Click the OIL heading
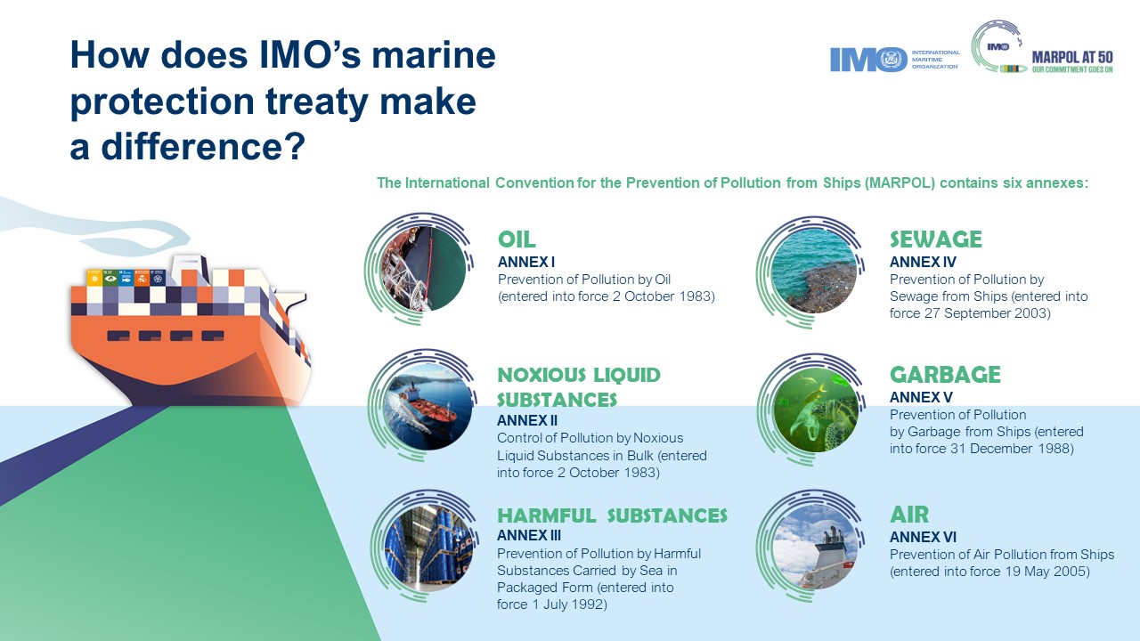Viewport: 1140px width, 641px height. point(517,239)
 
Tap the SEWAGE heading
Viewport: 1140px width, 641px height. point(935,239)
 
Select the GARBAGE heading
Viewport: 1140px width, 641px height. point(945,375)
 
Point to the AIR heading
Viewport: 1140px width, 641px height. point(909,515)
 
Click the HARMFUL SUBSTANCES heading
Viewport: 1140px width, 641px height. point(612,515)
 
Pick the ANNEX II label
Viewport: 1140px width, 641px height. point(527,420)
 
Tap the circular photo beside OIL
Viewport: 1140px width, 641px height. point(422,267)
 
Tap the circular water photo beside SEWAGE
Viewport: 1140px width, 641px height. point(814,270)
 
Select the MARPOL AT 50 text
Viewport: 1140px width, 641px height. point(1071,56)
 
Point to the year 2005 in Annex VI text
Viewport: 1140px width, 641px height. point(1072,572)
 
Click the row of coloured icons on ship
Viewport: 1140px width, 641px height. point(126,279)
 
